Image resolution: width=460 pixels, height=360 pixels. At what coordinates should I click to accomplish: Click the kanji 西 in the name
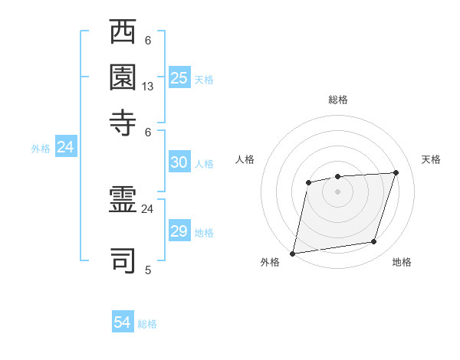(123, 32)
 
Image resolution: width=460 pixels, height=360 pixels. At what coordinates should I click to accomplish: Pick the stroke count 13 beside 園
(148, 87)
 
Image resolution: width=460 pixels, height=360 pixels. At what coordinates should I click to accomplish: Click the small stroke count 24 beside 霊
(148, 208)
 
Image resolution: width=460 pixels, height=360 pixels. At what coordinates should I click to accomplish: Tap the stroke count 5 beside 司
(148, 270)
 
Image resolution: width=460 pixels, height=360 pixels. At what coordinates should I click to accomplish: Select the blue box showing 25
(179, 78)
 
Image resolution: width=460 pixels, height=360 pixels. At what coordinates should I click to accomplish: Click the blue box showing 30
(179, 162)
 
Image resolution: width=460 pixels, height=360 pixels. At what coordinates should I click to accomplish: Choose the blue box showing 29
(179, 231)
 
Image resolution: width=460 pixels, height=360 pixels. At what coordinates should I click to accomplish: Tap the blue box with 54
(123, 323)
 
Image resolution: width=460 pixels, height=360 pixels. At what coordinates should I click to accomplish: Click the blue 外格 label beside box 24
(41, 149)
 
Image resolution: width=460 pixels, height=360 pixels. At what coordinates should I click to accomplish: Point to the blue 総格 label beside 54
(147, 324)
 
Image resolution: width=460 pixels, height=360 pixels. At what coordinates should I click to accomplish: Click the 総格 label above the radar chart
(338, 100)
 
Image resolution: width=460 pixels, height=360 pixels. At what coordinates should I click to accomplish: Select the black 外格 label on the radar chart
(270, 263)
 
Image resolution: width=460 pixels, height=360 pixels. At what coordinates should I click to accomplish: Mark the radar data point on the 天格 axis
(396, 172)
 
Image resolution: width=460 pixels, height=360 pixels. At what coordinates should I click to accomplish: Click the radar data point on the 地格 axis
(374, 242)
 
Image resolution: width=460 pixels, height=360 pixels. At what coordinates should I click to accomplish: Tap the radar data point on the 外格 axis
(292, 254)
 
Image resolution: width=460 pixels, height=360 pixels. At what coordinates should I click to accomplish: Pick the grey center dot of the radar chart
(337, 191)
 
